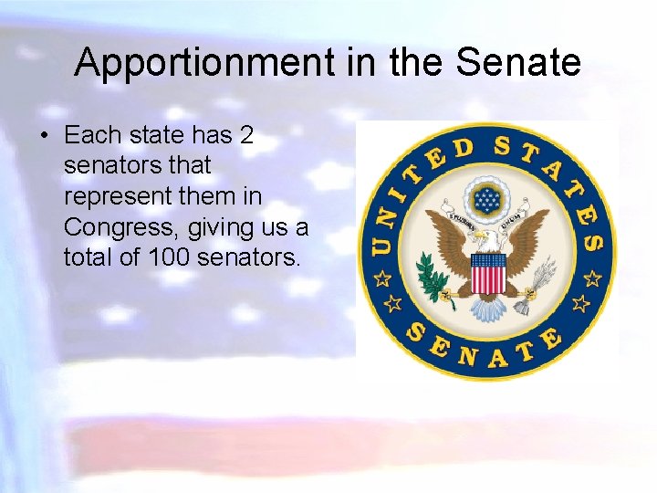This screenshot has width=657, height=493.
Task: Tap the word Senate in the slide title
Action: [x=517, y=63]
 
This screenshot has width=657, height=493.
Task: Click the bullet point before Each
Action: [x=43, y=136]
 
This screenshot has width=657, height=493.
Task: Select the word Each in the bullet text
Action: [x=92, y=136]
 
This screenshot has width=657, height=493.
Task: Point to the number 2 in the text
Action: [x=245, y=136]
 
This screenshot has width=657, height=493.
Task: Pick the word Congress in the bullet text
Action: [x=113, y=227]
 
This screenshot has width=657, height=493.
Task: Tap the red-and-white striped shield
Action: [x=487, y=273]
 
